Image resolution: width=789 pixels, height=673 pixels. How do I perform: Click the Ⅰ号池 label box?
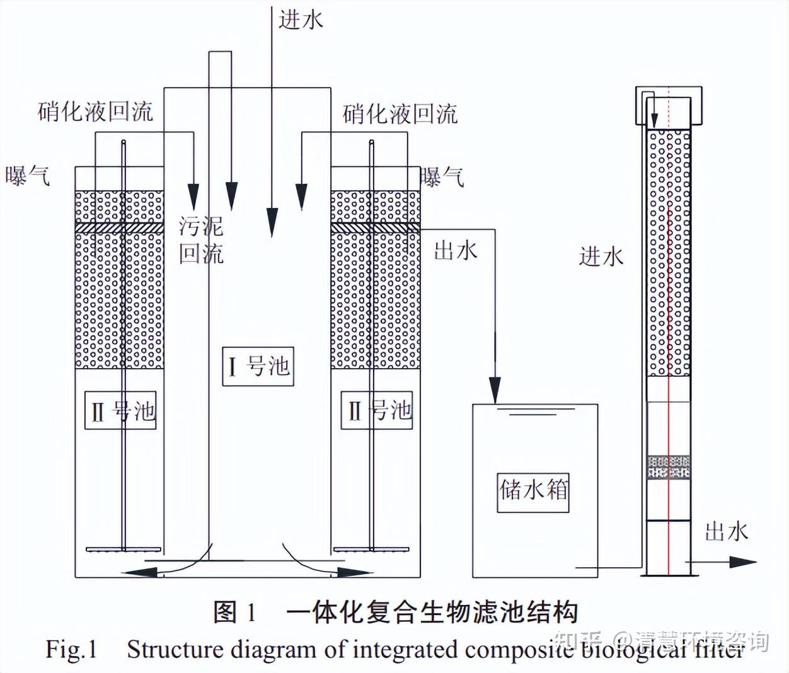[258, 365]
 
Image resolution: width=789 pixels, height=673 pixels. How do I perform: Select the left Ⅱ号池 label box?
[120, 410]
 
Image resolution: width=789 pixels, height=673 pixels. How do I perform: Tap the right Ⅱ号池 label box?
[377, 410]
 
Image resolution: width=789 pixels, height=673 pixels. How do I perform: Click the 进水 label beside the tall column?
[601, 256]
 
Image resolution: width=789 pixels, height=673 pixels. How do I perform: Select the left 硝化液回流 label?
[95, 112]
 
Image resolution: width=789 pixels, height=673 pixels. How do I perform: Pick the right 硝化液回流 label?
[400, 114]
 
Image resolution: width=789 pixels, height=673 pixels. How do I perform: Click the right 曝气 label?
[442, 177]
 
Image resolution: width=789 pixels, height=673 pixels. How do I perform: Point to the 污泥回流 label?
[201, 239]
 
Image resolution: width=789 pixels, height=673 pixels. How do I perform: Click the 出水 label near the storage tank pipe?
[456, 251]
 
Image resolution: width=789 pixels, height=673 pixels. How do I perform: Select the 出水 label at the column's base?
[726, 531]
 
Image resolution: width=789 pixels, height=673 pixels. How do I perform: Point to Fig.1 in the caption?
[71, 650]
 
